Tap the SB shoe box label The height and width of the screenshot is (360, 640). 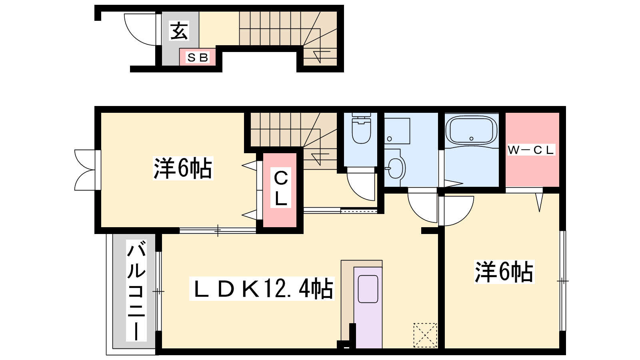pyautogui.click(x=198, y=58)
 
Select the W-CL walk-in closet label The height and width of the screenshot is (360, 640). pyautogui.click(x=531, y=150)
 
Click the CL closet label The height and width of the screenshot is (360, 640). pyautogui.click(x=280, y=188)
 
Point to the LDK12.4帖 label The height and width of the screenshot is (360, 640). pyautogui.click(x=262, y=288)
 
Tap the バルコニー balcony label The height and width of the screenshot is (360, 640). pyautogui.click(x=136, y=290)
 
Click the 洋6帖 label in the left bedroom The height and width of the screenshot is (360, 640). pyautogui.click(x=183, y=168)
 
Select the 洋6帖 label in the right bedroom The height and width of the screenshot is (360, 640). pyautogui.click(x=504, y=272)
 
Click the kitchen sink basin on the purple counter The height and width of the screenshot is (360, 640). pyautogui.click(x=368, y=289)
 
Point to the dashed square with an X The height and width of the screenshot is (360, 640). pyautogui.click(x=425, y=335)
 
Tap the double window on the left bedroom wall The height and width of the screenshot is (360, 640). pyautogui.click(x=85, y=170)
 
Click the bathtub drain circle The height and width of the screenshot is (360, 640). pyautogui.click(x=472, y=138)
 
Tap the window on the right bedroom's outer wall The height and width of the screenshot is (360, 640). pyautogui.click(x=562, y=281)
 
